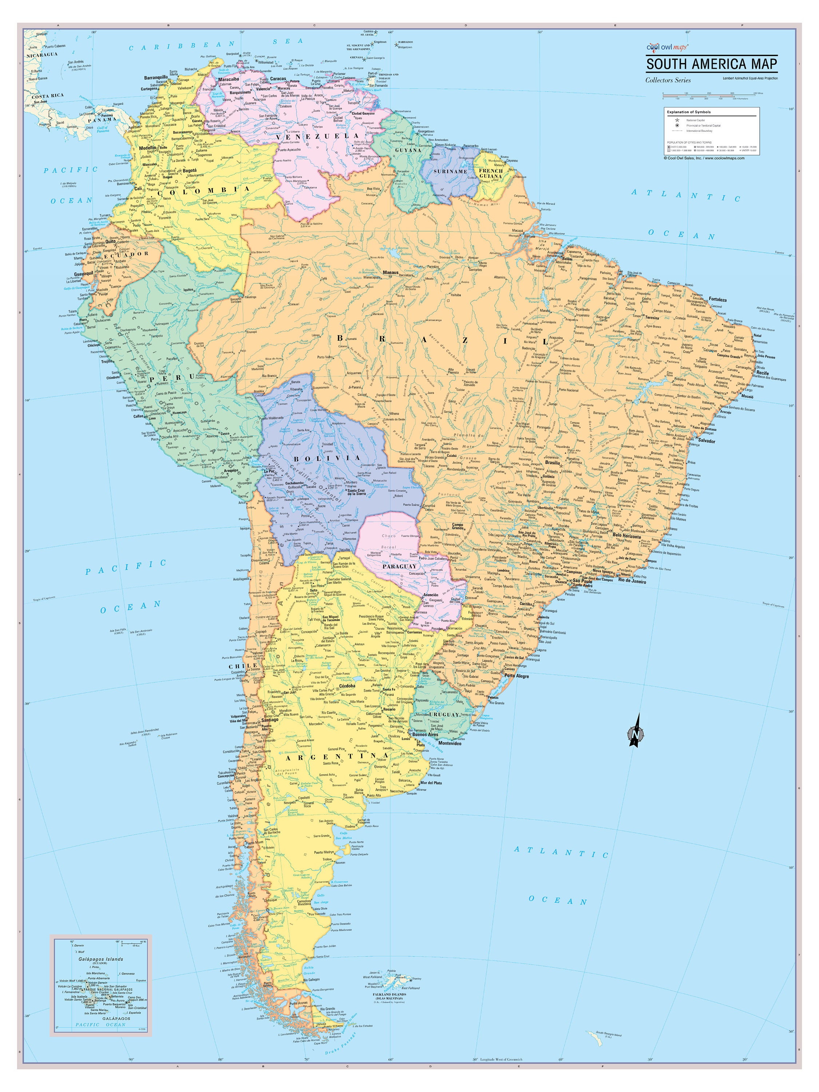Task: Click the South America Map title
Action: (x=711, y=64)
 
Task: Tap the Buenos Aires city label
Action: (x=425, y=735)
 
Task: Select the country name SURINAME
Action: (x=450, y=171)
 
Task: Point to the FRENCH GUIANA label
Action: (x=490, y=173)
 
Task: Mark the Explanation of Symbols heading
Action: (x=689, y=112)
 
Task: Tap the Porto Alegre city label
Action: (x=517, y=676)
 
